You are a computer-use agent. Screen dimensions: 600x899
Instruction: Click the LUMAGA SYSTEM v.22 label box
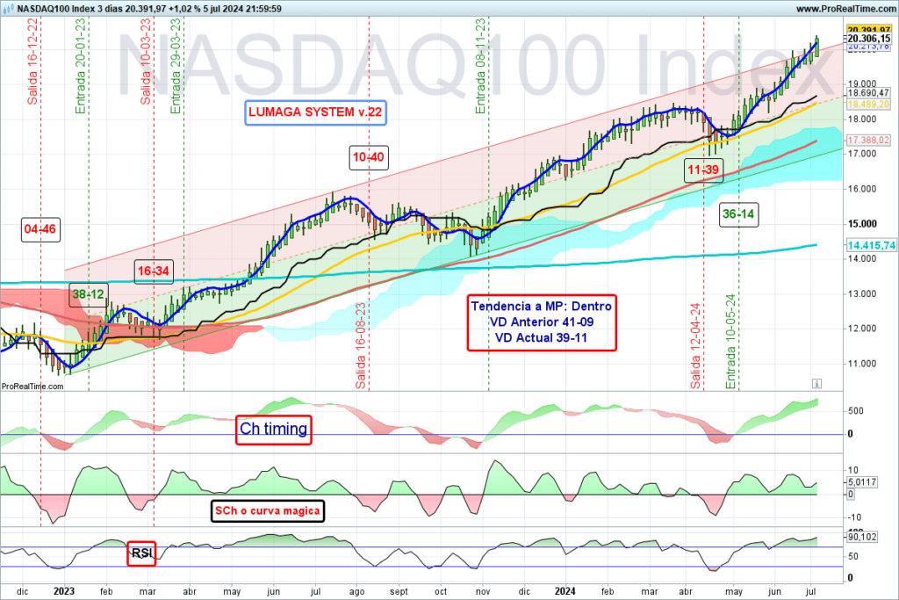pos(314,113)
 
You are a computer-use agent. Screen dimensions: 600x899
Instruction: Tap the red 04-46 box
pos(40,230)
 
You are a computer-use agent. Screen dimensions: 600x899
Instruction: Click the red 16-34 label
pos(153,271)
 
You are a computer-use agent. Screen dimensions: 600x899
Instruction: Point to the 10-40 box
pos(368,156)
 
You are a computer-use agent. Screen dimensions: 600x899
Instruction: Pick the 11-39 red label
pos(704,170)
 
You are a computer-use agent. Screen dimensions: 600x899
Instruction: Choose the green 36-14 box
pos(740,213)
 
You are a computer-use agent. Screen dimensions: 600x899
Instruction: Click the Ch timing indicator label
pos(274,430)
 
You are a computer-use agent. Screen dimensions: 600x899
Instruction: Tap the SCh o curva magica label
pos(269,510)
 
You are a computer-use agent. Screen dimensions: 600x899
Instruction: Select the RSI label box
pos(141,553)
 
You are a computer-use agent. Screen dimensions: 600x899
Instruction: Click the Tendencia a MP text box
pos(542,322)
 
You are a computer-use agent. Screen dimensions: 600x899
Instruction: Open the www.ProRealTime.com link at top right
pos(845,8)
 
